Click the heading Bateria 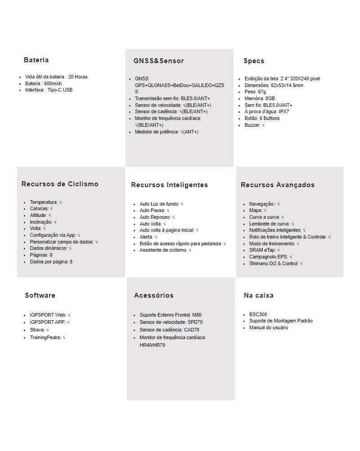pyautogui.click(x=36, y=60)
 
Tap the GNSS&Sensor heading pyautogui.click(x=158, y=61)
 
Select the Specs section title pyautogui.click(x=254, y=61)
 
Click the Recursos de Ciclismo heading pyautogui.click(x=60, y=184)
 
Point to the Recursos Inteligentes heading pyautogui.click(x=169, y=185)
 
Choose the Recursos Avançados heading pyautogui.click(x=278, y=185)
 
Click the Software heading pyautogui.click(x=40, y=295)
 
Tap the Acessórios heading pyautogui.click(x=153, y=295)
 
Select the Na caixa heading pyautogui.click(x=258, y=295)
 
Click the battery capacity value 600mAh pyautogui.click(x=53, y=83)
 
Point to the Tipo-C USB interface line pyautogui.click(x=49, y=90)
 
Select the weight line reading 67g pyautogui.click(x=255, y=92)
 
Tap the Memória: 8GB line pyautogui.click(x=260, y=98)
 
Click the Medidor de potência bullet pyautogui.click(x=166, y=132)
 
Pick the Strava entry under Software pyautogui.click(x=40, y=330)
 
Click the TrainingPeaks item pyautogui.click(x=47, y=337)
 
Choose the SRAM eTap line pyautogui.click(x=265, y=250)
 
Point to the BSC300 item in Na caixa pyautogui.click(x=258, y=314)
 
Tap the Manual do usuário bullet pyautogui.click(x=269, y=327)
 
